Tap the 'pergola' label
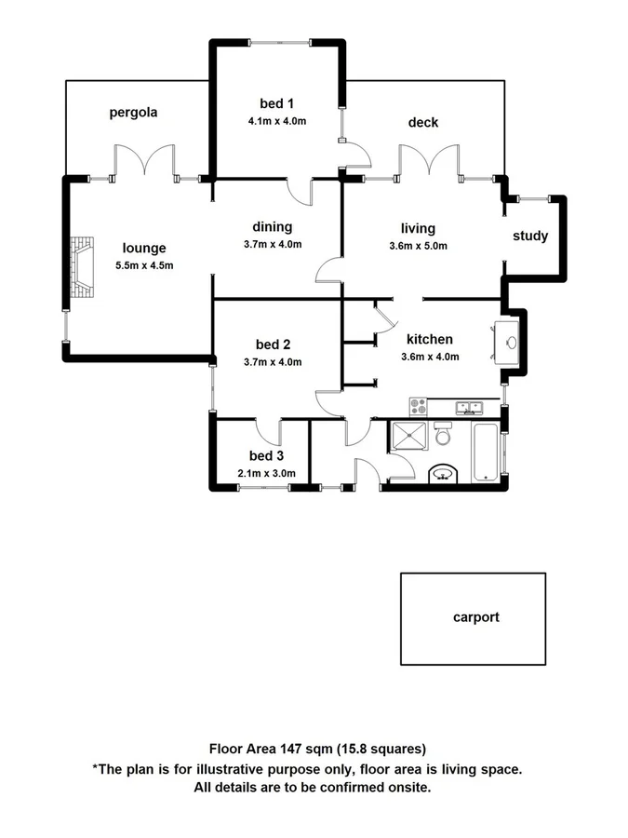[x=133, y=113]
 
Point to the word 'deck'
[x=422, y=122]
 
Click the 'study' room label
[x=530, y=236]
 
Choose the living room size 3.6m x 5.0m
[x=418, y=246]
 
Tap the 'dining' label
[x=273, y=226]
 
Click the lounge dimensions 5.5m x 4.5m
[x=144, y=265]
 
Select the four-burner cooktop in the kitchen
[x=419, y=406]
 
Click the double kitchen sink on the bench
[x=468, y=407]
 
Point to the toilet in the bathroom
[x=444, y=434]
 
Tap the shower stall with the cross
[x=409, y=436]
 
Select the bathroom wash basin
[x=443, y=474]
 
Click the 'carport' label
[x=475, y=616]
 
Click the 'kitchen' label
[x=429, y=339]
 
